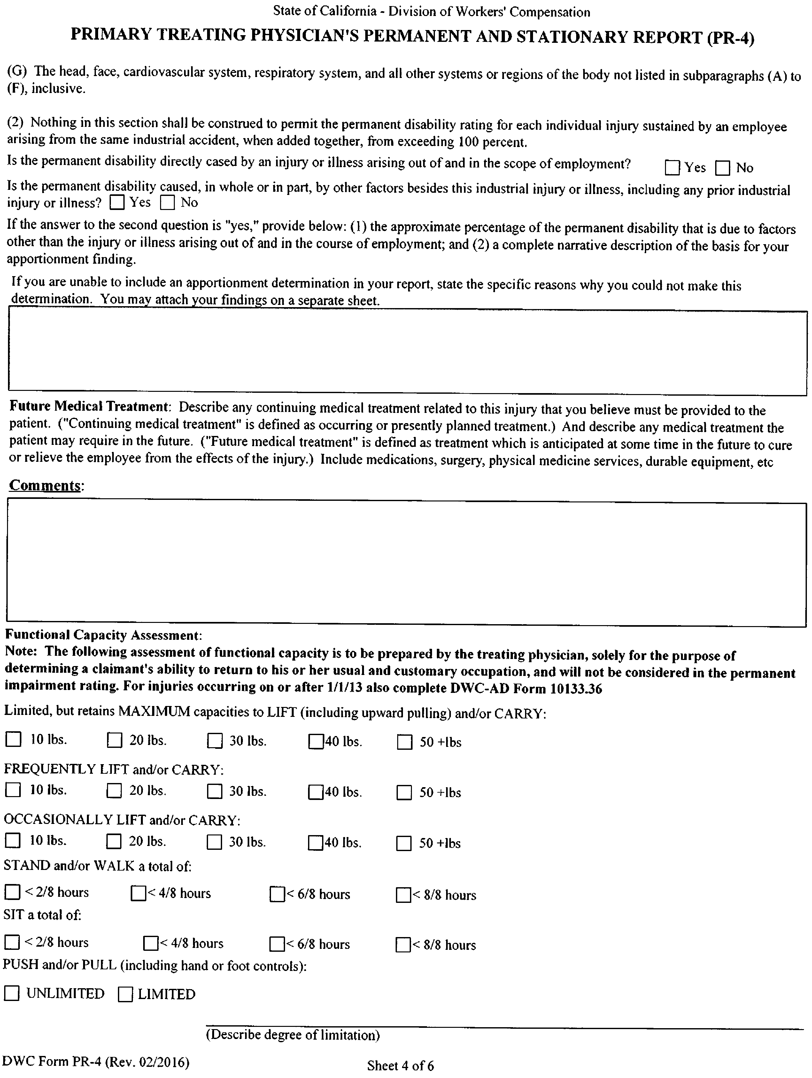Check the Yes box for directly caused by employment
point(672,168)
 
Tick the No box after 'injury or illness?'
point(167,203)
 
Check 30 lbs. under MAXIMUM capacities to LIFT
point(214,741)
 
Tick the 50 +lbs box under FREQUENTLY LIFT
point(404,792)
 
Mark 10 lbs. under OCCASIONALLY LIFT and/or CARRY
point(13,840)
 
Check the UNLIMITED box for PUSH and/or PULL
point(12,993)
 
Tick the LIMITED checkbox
point(125,994)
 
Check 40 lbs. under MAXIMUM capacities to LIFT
point(316,742)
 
